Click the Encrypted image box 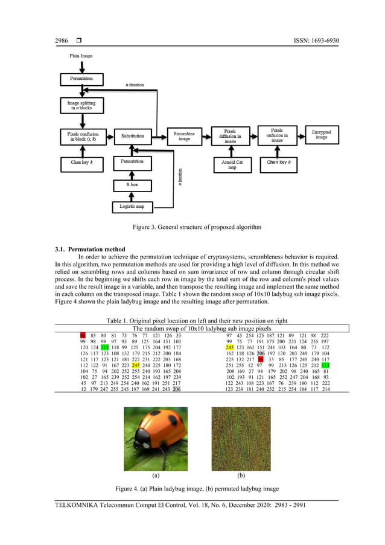click(322, 134)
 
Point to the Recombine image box click(184, 135)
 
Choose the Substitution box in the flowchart click(132, 136)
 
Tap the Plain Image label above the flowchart click(81, 56)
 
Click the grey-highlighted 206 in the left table click(176, 390)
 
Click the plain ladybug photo click(156, 439)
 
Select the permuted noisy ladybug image click(241, 439)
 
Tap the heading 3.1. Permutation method click(91, 249)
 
